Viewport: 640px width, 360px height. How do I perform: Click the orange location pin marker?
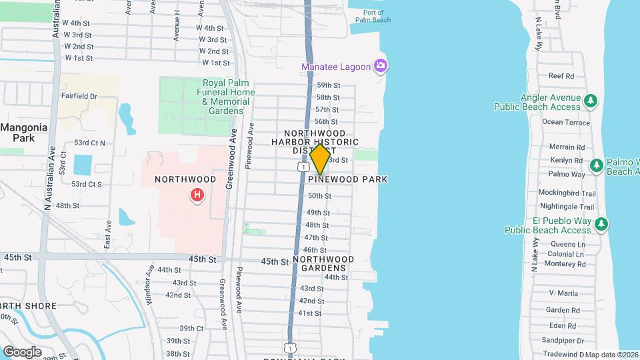pos(320,159)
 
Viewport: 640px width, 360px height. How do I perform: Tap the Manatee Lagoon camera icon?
pos(381,65)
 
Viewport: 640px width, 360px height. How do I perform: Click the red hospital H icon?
pos(197,195)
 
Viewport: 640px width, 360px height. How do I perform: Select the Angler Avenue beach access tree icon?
pos(590,101)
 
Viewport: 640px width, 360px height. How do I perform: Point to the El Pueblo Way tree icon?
pos(602,224)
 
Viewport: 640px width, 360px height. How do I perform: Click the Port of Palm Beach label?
pos(377,16)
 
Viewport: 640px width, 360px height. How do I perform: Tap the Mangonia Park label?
pos(23,132)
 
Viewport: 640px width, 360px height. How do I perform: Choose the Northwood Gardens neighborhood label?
pos(323,263)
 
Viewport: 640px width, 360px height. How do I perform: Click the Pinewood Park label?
pos(352,179)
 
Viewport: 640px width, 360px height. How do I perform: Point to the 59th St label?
pos(328,85)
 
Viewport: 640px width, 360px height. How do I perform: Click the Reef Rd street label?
pos(561,76)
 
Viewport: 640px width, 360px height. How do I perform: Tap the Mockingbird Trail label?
pos(567,193)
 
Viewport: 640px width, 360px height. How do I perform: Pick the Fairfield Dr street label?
pos(79,96)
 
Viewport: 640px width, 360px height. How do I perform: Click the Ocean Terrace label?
pos(566,122)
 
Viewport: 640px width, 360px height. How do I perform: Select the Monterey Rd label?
pos(565,264)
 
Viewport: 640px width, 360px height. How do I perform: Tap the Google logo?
pos(22,352)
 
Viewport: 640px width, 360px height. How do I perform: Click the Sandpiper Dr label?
pos(563,340)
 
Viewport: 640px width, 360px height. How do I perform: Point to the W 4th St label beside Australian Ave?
pos(76,23)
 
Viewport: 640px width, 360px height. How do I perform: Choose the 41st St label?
pos(310,313)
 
